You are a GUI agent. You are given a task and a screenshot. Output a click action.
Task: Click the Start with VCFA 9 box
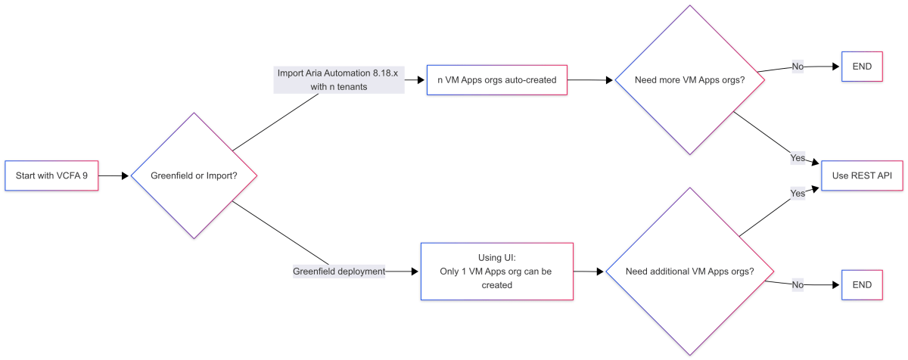pos(51,175)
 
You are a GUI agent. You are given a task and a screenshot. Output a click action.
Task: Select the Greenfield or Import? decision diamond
pos(194,175)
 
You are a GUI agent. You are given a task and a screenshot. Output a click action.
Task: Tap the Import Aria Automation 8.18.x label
pos(339,79)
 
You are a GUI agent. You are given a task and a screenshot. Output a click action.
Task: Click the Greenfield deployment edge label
pos(339,271)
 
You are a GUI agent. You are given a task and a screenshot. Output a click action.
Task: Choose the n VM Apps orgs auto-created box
pos(496,79)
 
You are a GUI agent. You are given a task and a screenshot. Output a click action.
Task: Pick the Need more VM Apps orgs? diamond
pos(689,79)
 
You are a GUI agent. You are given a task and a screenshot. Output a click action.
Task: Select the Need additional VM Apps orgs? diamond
pos(689,272)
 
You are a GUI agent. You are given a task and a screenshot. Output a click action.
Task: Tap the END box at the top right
pos(861,67)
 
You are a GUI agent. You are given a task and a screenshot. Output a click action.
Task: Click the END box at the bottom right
pos(861,285)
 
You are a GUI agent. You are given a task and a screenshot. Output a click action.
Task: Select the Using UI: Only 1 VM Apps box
pos(496,271)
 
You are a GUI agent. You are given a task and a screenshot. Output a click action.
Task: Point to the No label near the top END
pos(798,67)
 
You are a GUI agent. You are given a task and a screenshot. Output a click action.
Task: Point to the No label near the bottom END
pos(798,285)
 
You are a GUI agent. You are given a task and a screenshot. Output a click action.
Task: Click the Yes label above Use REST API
pos(798,159)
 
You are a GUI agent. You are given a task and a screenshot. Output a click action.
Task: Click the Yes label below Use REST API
pos(798,193)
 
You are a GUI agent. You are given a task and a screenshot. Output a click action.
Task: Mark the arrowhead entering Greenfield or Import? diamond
pos(126,175)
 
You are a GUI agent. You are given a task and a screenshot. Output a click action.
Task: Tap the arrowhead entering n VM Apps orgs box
pos(422,79)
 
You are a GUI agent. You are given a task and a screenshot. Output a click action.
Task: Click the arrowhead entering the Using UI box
pos(415,271)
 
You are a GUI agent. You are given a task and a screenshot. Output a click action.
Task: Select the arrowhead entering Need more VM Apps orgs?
pos(610,79)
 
